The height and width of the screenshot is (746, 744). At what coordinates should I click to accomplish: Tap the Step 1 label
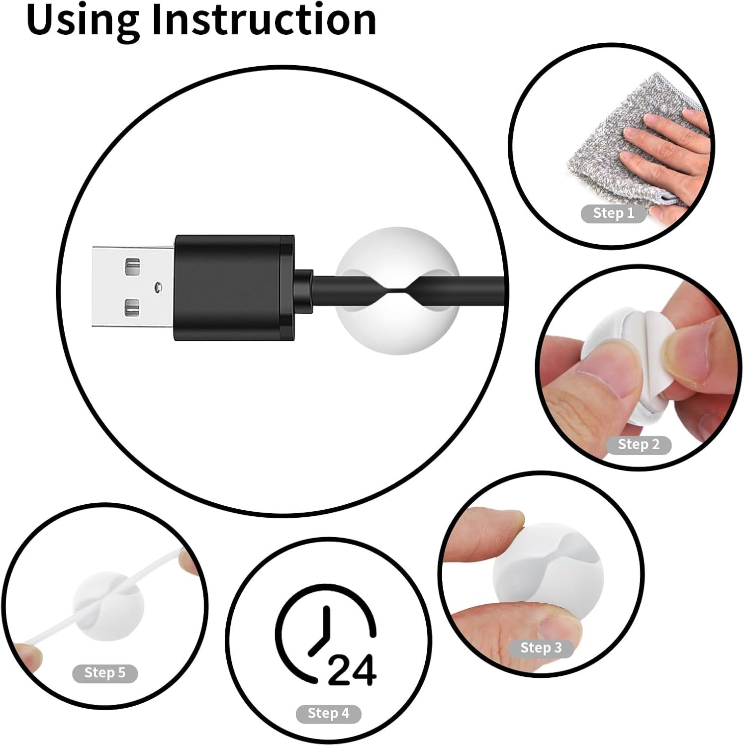(x=614, y=213)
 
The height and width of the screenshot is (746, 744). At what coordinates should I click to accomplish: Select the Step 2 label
(x=639, y=445)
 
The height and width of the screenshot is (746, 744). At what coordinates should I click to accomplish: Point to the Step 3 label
(x=541, y=648)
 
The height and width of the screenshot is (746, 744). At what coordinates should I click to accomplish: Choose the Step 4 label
(x=328, y=714)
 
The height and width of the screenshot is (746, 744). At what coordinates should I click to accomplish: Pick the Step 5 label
(x=105, y=673)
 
